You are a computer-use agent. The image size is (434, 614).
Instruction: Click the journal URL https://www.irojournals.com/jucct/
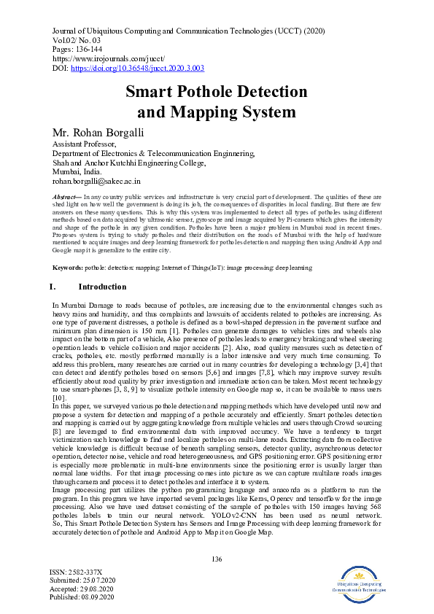(x=109, y=56)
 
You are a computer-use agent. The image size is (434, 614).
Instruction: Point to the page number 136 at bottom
(x=216, y=559)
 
